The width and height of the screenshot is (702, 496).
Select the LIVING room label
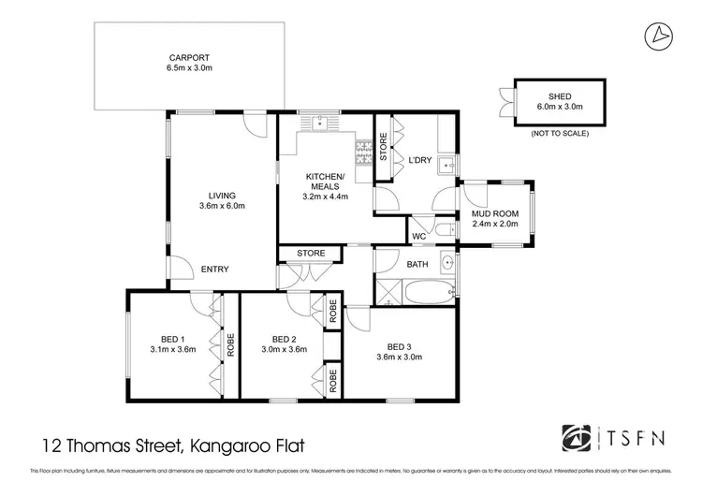click(x=221, y=195)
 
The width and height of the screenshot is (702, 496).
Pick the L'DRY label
click(x=419, y=160)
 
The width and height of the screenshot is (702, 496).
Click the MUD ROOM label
click(x=493, y=214)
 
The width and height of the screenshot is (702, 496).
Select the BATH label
click(x=417, y=264)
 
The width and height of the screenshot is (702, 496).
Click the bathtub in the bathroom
click(x=430, y=291)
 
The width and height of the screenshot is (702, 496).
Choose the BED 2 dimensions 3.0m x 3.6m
click(x=284, y=351)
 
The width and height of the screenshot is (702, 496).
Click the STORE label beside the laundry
click(x=382, y=147)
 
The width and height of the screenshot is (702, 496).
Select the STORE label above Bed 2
click(x=311, y=253)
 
